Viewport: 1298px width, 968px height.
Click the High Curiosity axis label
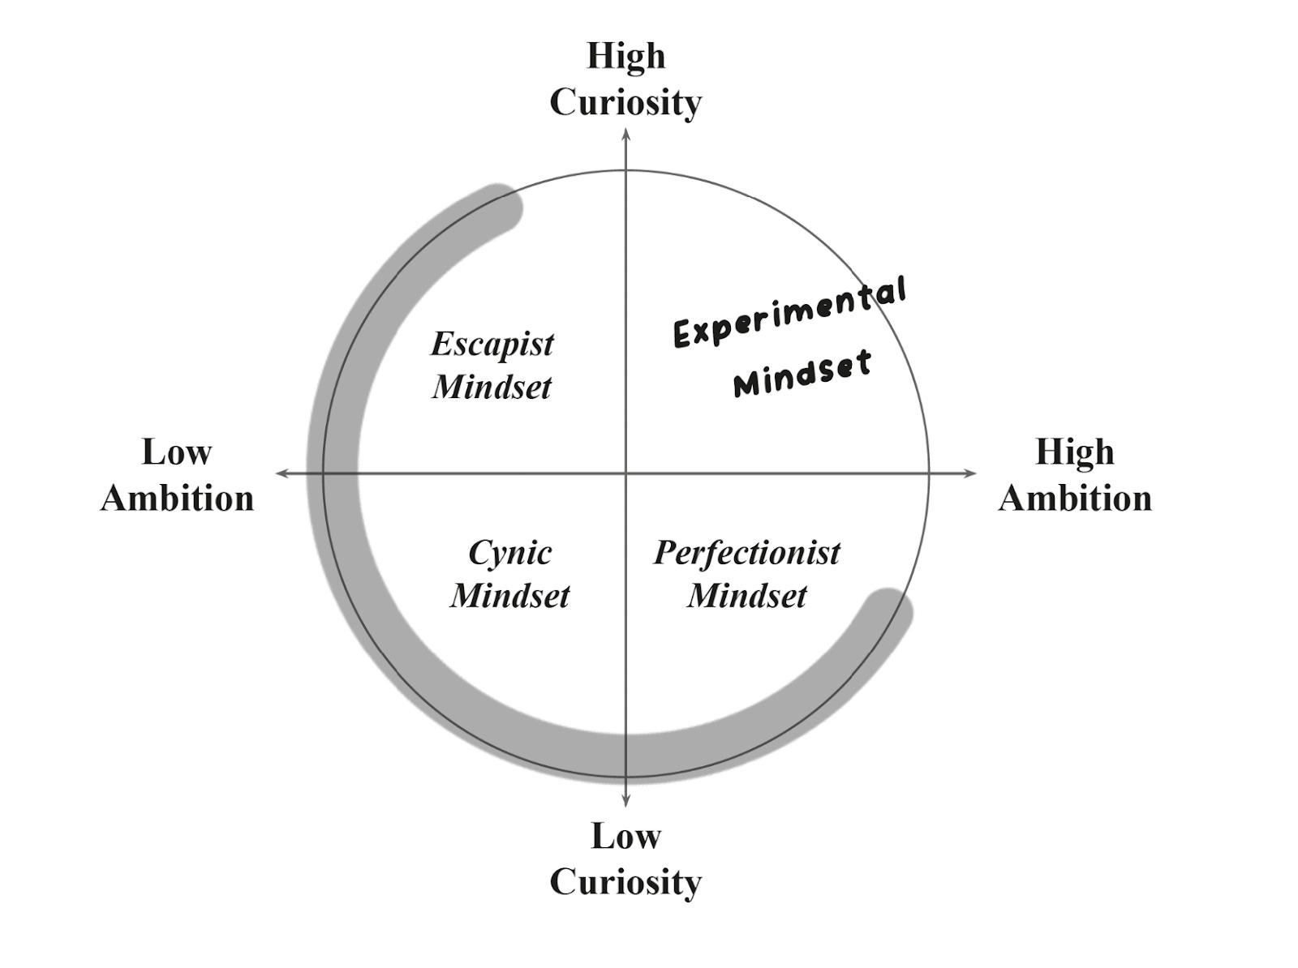(x=625, y=79)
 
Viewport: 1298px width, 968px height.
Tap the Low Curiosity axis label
(x=625, y=859)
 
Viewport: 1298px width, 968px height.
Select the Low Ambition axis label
(x=177, y=475)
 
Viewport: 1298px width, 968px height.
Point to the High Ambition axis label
(x=1075, y=475)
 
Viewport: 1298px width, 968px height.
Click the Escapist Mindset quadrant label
(x=492, y=365)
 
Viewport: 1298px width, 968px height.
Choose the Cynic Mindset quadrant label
(x=510, y=574)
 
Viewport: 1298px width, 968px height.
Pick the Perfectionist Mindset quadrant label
(x=747, y=574)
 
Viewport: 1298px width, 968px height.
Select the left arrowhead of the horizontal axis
(x=281, y=473)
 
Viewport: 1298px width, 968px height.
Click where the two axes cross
(x=625, y=473)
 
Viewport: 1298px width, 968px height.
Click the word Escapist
(x=492, y=344)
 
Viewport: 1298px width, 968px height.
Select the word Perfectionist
(x=747, y=553)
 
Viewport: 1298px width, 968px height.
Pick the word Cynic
(x=510, y=553)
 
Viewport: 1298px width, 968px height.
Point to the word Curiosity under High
(x=625, y=103)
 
